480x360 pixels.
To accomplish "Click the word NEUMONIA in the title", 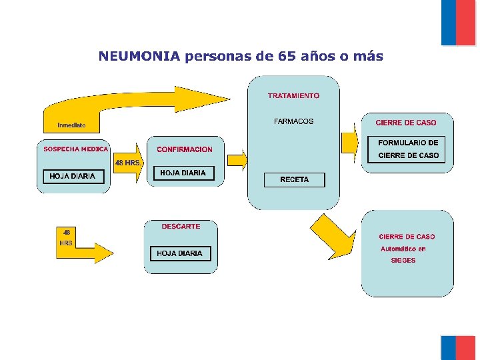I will pos(139,56).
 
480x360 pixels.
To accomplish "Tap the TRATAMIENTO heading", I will pos(293,95).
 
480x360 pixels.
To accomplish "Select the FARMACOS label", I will pos(293,121).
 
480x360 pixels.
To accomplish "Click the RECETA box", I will pos(294,180).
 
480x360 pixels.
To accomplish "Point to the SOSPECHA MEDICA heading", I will pos(75,149).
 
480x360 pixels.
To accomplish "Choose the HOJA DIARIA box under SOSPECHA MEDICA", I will pos(73,176).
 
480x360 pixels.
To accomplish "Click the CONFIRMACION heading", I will pos(185,149).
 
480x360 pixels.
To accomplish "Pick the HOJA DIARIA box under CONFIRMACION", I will pos(183,173).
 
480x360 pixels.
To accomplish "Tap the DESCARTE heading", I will pos(181,227).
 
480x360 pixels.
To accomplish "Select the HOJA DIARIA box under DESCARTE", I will pos(179,253).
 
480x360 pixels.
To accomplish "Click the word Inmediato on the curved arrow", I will pos(71,125).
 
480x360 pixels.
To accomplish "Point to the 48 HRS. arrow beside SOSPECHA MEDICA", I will pos(128,163).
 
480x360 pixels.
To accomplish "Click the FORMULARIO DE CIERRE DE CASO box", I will pos(409,149).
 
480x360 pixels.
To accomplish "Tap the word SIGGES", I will pos(403,261).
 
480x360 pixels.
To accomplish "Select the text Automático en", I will pos(403,249).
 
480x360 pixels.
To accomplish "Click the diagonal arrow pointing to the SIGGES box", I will pos(333,235).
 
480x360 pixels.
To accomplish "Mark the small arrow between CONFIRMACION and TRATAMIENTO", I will pos(237,159).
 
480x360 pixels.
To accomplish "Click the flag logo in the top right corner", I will pos(458,22).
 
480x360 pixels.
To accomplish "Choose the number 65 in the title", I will pos(287,56).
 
